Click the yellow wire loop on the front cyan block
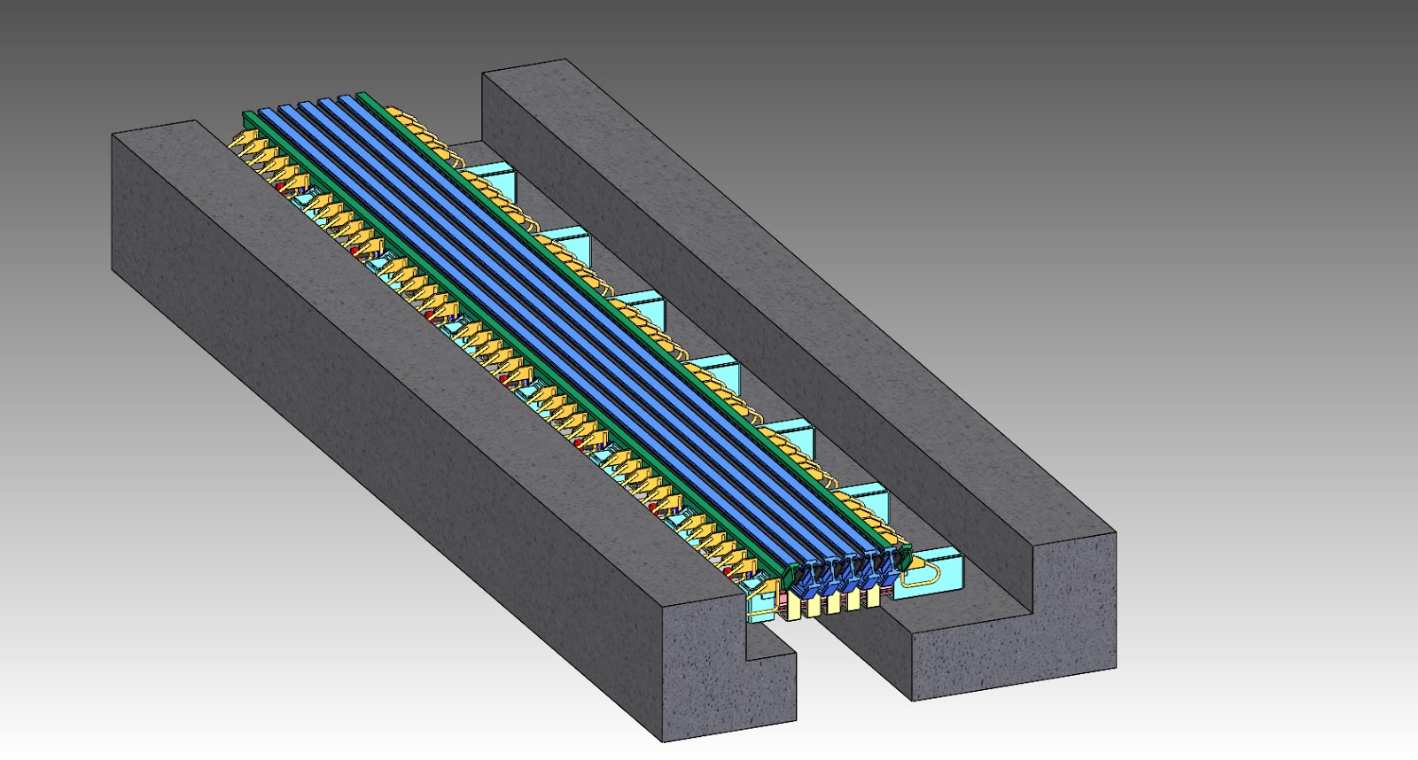(922, 574)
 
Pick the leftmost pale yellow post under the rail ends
(793, 608)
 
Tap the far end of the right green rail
(363, 95)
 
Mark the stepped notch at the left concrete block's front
(769, 642)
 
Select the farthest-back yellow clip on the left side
(241, 140)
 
